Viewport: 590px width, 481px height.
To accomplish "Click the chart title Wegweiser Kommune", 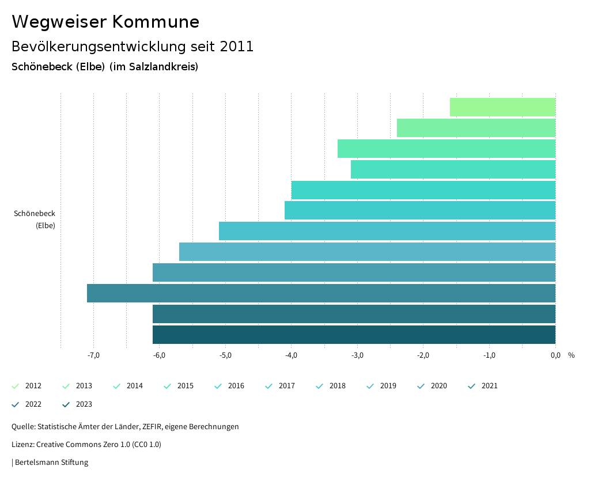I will point(105,22).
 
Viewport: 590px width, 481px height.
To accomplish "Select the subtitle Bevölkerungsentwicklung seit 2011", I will point(133,47).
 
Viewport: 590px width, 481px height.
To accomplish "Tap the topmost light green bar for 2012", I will point(502,107).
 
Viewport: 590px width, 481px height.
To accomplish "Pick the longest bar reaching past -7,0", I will point(321,293).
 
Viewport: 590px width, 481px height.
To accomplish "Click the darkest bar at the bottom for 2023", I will point(354,335).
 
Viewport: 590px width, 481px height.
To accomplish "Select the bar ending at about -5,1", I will point(387,231).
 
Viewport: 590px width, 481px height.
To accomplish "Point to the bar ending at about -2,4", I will point(476,128).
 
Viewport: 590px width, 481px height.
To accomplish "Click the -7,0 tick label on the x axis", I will point(93,355).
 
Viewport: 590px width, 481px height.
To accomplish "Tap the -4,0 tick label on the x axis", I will point(291,355).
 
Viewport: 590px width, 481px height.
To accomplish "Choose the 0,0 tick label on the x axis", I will point(555,355).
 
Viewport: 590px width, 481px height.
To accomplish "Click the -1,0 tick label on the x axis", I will point(489,355).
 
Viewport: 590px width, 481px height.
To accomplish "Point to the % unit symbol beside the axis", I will point(571,355).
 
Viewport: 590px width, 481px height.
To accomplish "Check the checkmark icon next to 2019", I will point(370,386).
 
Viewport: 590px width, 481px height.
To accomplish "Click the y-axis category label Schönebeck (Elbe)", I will point(35,219).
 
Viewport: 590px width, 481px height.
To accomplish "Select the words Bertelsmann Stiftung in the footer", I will point(51,462).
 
